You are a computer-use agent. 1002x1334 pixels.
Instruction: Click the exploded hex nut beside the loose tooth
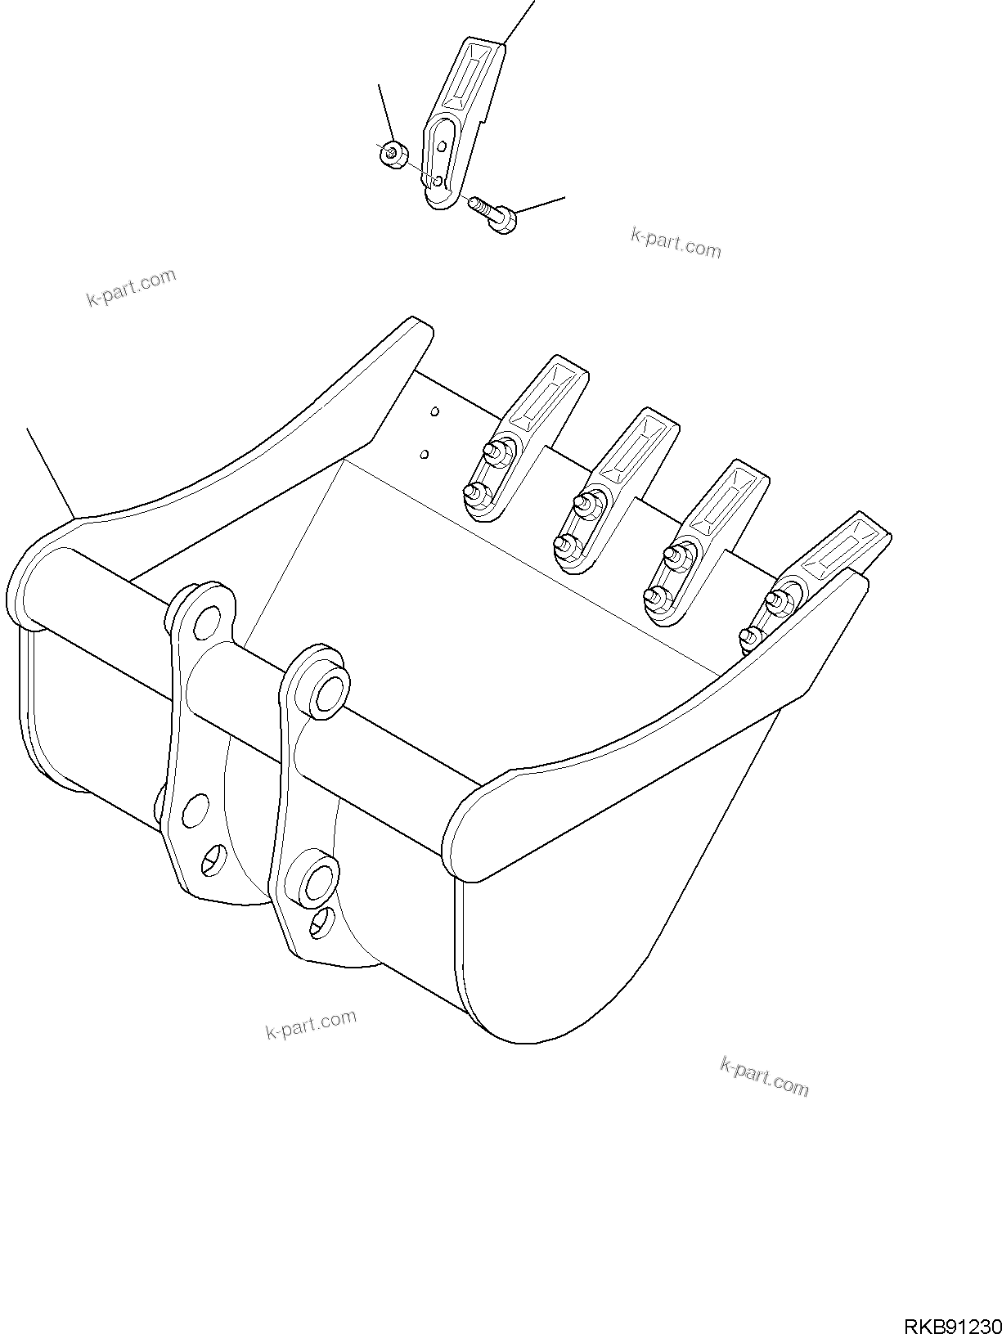pos(392,152)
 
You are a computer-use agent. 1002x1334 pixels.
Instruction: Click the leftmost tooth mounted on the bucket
pos(526,436)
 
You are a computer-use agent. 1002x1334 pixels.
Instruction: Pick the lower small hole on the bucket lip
pos(424,452)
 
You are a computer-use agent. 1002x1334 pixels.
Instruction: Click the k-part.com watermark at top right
pos(676,243)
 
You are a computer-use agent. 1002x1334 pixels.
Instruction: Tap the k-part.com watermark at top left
pos(131,287)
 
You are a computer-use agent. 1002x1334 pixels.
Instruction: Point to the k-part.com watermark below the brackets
pos(311,1023)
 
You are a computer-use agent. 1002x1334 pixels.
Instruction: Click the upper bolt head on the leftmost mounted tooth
pos(493,449)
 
